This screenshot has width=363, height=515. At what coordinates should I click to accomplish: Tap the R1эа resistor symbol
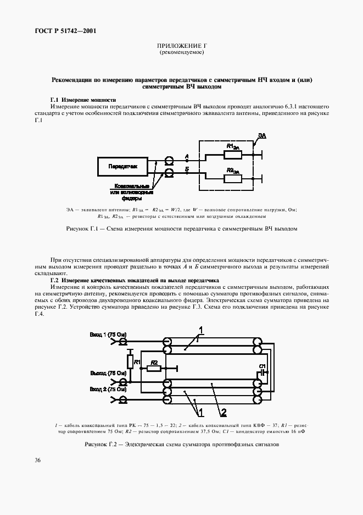click(232, 154)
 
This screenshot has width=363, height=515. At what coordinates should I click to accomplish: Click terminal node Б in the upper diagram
click(187, 171)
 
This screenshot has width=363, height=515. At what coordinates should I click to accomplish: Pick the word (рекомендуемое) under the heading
click(181, 53)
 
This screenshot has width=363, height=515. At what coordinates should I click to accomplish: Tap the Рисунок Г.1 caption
click(181, 229)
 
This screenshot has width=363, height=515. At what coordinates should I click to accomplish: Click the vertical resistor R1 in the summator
click(129, 361)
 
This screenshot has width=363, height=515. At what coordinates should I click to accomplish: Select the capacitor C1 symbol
click(263, 372)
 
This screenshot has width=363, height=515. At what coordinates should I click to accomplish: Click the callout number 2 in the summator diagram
click(223, 412)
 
